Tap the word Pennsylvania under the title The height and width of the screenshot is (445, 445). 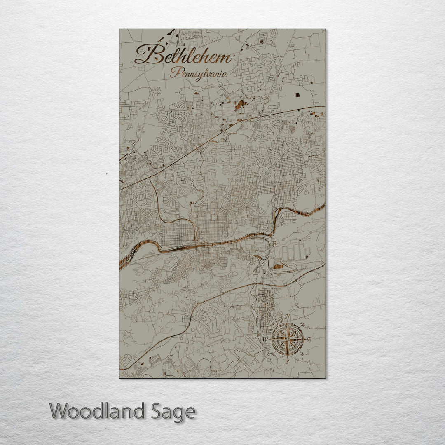point(200,74)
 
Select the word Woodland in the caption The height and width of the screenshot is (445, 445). point(97,411)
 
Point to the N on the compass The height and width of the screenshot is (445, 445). point(288,316)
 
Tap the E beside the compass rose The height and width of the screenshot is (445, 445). point(310,339)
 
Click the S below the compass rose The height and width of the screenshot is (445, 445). point(288,362)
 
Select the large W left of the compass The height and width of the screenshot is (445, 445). point(265,339)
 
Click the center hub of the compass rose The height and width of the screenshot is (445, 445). point(288,339)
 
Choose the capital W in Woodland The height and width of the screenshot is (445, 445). point(60,411)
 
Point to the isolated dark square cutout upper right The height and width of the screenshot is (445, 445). point(297,95)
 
